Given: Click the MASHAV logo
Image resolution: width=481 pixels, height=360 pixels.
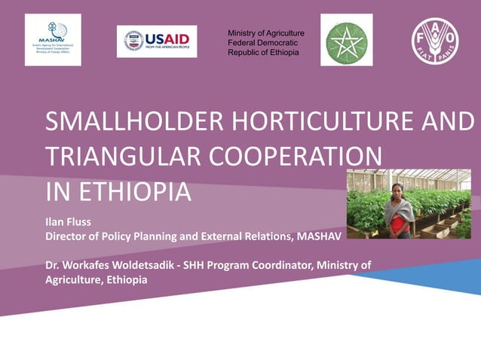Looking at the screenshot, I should click(x=53, y=40).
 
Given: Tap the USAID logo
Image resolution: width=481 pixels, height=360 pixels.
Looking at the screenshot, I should click(x=157, y=41).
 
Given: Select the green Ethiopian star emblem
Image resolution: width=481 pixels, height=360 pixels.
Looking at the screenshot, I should click(x=346, y=40).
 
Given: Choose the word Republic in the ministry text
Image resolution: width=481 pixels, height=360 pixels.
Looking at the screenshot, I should click(x=244, y=53).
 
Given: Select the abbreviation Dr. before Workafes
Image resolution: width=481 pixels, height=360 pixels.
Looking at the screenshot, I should click(x=53, y=265).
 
